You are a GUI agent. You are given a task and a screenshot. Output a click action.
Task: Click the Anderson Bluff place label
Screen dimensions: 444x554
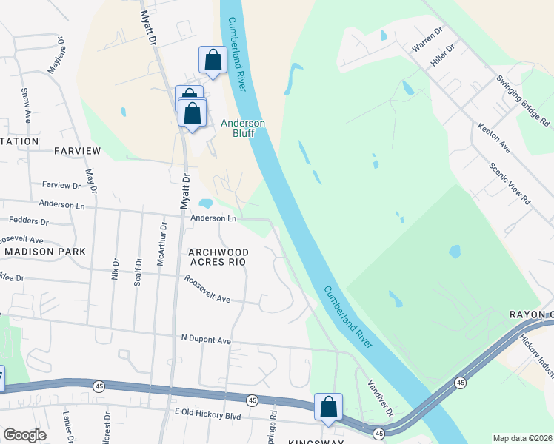click(x=243, y=128)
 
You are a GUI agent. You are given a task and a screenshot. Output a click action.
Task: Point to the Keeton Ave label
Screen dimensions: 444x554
click(x=494, y=138)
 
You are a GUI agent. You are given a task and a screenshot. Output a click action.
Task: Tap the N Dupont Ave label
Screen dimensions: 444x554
click(x=207, y=340)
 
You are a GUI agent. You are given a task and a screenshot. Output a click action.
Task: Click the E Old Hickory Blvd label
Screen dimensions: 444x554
click(x=207, y=417)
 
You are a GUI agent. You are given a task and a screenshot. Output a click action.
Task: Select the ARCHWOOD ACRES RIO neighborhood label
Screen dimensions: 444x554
click(x=218, y=257)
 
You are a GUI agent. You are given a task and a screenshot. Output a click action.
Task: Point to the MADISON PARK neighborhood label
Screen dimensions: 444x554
click(x=44, y=252)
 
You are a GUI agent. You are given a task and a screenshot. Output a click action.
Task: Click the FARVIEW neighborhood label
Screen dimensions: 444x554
click(x=77, y=151)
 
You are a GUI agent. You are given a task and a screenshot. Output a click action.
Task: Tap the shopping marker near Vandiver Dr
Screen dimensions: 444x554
click(x=328, y=408)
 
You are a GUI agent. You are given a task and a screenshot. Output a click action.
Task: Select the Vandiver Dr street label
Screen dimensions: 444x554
click(x=380, y=397)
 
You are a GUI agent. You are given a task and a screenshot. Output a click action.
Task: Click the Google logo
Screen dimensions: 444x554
click(x=24, y=435)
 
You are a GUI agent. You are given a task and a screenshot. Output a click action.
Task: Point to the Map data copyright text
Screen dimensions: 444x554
click(x=521, y=438)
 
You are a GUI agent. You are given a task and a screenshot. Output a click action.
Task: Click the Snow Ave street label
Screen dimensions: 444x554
click(x=26, y=105)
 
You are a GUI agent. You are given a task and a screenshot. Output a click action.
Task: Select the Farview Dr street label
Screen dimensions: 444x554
click(x=61, y=185)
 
